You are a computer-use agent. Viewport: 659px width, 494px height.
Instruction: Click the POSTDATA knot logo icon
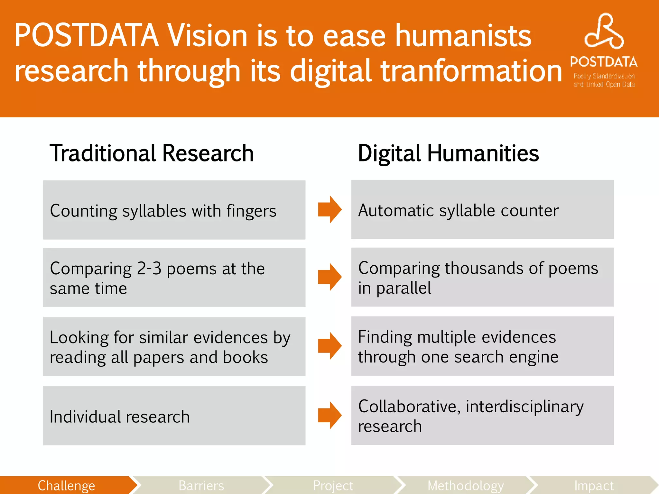coord(604,32)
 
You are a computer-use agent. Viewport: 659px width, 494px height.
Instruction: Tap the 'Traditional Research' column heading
coord(152,153)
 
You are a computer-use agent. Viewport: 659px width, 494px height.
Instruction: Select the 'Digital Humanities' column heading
coord(448,153)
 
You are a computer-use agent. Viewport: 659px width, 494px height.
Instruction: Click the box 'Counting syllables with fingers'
coord(174,210)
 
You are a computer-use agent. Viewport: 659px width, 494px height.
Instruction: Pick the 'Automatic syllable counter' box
coord(482,210)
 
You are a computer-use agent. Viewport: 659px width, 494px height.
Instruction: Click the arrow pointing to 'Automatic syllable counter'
coord(329,209)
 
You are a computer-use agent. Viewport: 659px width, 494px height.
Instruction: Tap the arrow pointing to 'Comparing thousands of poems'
coord(329,277)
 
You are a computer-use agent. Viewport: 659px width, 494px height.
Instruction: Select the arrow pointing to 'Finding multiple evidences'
coord(329,346)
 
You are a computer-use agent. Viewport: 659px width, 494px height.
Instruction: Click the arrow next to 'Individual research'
coord(329,415)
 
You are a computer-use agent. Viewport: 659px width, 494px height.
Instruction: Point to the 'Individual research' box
coord(174,416)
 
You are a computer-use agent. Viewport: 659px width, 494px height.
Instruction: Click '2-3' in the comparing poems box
coord(149,269)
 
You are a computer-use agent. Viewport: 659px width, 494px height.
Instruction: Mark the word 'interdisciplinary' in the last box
coord(524,407)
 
